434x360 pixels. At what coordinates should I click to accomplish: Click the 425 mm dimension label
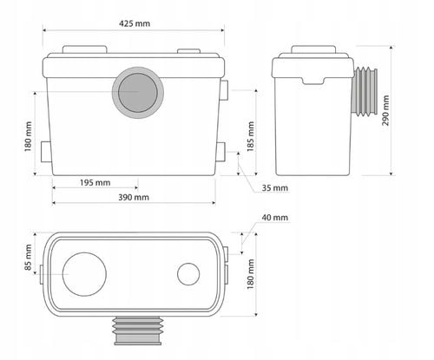[135, 23]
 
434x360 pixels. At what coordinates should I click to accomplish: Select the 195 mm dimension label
[95, 183]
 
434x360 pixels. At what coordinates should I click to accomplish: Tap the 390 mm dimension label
[134, 198]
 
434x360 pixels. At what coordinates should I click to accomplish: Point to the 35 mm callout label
[275, 188]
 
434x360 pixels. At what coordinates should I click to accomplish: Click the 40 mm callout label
[275, 218]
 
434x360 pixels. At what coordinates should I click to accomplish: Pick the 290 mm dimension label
[385, 111]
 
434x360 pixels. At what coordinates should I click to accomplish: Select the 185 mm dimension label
[251, 136]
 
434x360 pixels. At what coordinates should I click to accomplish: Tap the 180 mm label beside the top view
[251, 274]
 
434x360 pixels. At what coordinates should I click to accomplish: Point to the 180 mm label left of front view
[28, 136]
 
